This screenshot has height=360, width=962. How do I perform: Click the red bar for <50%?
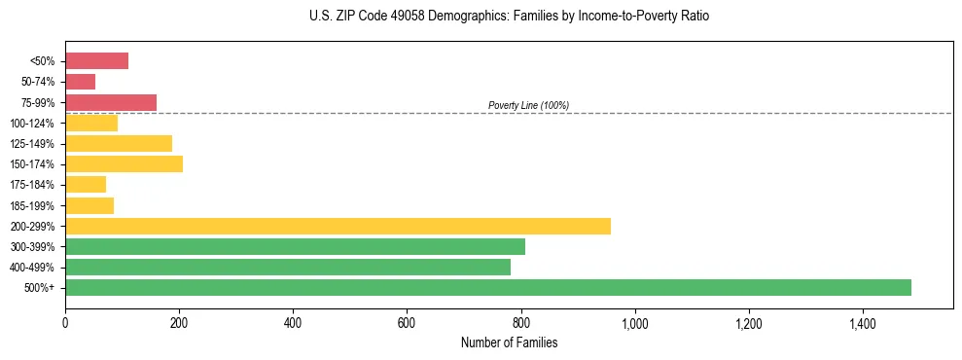click(96, 61)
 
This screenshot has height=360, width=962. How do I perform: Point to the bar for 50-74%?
click(80, 82)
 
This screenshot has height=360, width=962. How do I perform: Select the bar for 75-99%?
click(111, 102)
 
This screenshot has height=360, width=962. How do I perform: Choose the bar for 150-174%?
click(124, 163)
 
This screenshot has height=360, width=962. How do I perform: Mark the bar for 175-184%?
click(86, 184)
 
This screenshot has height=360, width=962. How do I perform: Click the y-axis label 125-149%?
click(33, 144)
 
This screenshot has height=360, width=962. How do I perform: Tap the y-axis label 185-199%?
click(33, 205)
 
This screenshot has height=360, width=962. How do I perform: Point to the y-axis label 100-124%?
click(33, 124)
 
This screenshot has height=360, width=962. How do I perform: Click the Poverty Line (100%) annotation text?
click(528, 105)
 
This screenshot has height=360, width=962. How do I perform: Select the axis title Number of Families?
click(509, 342)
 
